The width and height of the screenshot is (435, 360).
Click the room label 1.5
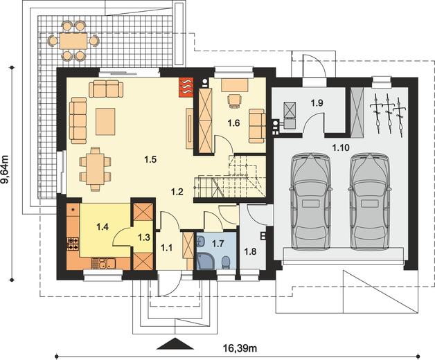150,159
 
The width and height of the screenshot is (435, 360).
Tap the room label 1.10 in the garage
341,148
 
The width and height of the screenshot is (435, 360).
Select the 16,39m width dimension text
240,348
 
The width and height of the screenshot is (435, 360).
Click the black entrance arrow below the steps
175,343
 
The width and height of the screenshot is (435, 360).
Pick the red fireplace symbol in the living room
186,87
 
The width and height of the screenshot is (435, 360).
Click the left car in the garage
310,201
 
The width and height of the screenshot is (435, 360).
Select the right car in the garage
370,201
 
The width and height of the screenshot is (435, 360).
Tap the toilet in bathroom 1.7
226,262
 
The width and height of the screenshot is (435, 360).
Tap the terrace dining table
73,41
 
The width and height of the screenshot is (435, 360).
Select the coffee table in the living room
105,121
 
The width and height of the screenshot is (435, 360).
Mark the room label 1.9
317,103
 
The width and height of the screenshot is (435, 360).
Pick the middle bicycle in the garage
389,113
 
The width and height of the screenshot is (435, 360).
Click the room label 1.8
250,251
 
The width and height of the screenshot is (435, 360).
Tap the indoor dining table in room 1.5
95,169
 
